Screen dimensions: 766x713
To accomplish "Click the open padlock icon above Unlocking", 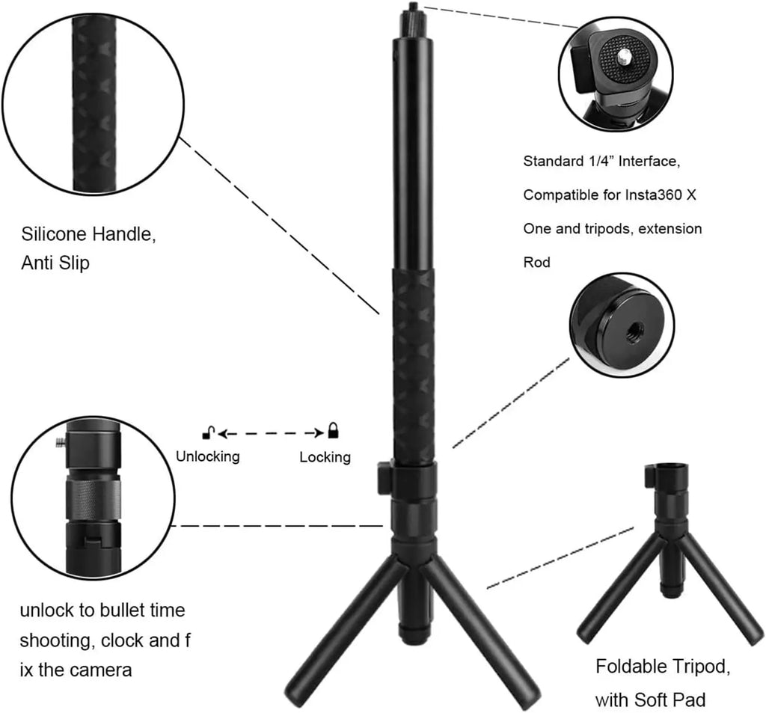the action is point(209,432).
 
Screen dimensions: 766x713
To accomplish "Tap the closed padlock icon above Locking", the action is point(333,430).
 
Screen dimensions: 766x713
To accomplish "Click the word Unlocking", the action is point(208,456).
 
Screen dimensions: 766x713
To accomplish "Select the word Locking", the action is point(325,457).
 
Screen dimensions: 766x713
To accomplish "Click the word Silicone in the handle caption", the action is point(53,235).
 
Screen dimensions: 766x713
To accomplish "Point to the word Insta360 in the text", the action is point(654,195).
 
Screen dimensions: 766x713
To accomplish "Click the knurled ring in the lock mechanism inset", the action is point(93,500).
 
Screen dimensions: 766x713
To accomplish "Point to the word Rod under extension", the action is point(536,263).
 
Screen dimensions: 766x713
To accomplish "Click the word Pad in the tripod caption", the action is point(689,700).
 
